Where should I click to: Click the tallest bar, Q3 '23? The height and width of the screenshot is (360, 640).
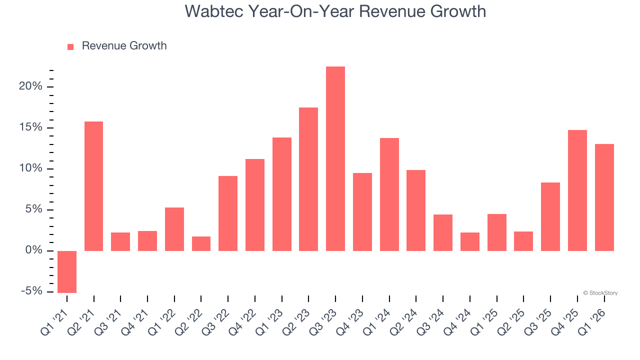335,158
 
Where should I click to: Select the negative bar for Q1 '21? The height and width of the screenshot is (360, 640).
67,271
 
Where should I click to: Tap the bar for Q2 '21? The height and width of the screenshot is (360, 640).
93,186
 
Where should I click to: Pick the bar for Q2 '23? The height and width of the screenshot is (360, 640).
308,179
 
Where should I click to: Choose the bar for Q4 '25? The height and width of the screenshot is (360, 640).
577,190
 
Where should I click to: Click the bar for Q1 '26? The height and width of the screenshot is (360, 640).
604,197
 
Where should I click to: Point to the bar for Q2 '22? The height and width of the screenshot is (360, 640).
201,243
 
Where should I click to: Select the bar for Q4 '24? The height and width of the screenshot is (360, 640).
470,241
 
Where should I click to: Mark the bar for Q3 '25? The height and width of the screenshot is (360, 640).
550,216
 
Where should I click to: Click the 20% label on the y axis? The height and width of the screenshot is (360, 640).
30,86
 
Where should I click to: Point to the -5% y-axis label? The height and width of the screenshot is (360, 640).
31,291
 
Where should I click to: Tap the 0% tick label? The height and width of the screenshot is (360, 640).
33,250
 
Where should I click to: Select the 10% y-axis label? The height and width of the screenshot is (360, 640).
30,168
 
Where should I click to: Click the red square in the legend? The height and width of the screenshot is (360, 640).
70,46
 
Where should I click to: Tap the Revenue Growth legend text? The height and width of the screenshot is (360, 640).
124,46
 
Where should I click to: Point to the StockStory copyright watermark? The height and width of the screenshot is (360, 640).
600,293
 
